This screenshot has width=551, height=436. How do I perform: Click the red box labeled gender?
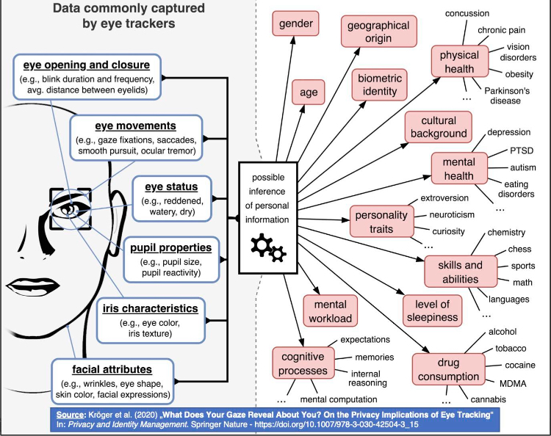point(295,23)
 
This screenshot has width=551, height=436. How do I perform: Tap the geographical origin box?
point(378,32)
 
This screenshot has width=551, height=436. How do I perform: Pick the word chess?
point(519,249)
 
